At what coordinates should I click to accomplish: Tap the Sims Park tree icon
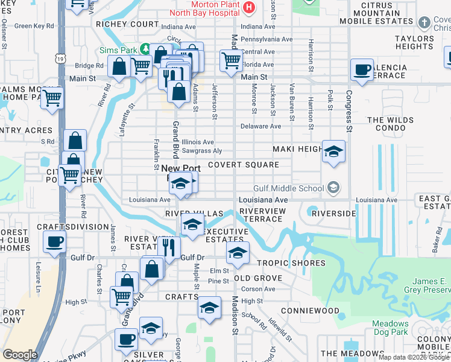145,48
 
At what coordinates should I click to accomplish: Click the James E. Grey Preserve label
430,286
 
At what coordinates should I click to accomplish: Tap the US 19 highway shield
59,58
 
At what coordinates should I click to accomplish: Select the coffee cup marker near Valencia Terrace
362,70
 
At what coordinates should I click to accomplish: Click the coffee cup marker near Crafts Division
54,242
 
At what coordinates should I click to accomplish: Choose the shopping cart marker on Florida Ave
231,60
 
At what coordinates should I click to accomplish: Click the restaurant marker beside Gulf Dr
169,246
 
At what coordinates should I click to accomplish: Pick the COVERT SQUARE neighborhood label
244,165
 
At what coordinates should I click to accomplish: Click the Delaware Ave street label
260,127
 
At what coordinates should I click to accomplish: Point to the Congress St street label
348,112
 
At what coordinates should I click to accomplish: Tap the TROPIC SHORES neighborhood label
291,263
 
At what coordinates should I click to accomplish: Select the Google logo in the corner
20,355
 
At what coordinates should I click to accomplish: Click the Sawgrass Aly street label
202,151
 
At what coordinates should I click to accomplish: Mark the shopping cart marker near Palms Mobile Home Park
52,97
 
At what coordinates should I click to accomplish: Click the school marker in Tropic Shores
238,253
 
